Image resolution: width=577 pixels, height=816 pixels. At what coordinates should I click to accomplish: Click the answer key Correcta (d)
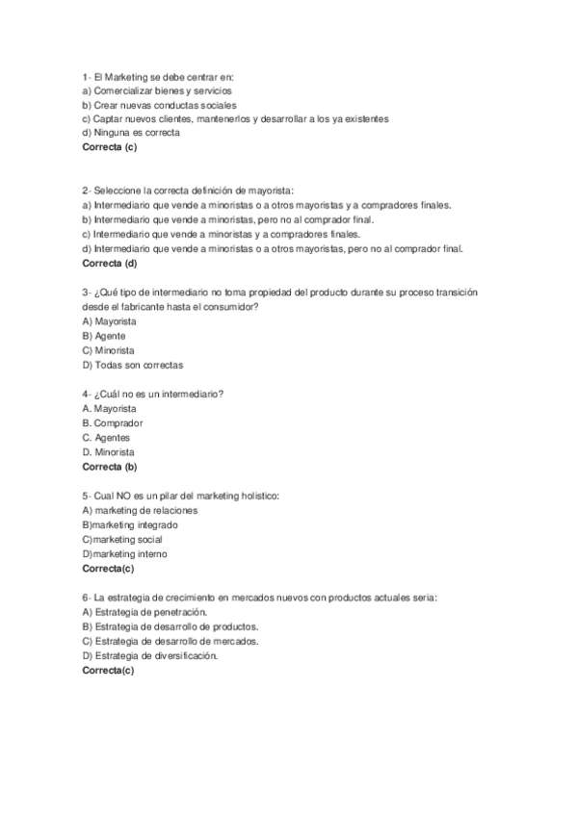[x=110, y=263]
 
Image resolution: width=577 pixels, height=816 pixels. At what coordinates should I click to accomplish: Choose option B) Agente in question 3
[x=105, y=336]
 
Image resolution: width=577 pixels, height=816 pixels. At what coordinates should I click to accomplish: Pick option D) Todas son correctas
[x=132, y=365]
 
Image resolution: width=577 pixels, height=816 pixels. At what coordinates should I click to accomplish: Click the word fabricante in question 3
[x=141, y=306]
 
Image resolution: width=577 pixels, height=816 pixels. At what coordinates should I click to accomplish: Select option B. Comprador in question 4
[x=112, y=422]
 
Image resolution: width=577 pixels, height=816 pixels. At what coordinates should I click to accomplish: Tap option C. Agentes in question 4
[x=106, y=437]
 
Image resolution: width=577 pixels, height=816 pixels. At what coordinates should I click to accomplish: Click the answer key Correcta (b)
[x=110, y=467]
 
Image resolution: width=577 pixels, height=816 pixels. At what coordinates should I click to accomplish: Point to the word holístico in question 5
[x=252, y=496]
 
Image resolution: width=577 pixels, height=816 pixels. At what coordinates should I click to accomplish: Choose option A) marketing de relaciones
[x=140, y=510]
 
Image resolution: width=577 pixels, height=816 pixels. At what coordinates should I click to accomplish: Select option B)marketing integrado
[x=130, y=524]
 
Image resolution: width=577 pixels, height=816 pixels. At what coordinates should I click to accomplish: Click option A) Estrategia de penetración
[x=145, y=612]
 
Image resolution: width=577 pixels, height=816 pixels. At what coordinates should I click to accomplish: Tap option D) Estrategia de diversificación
[x=150, y=655]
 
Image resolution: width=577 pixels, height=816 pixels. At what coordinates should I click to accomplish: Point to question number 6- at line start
[x=87, y=598]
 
